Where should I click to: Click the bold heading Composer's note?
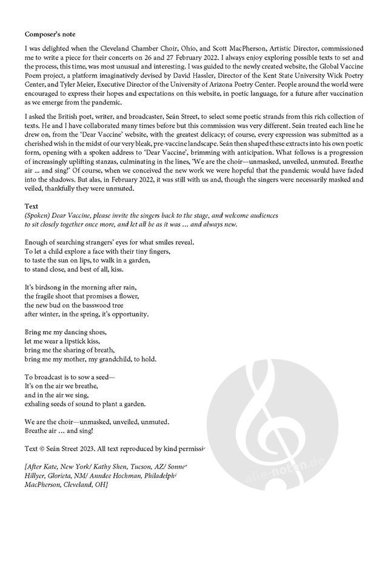tap(50, 34)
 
